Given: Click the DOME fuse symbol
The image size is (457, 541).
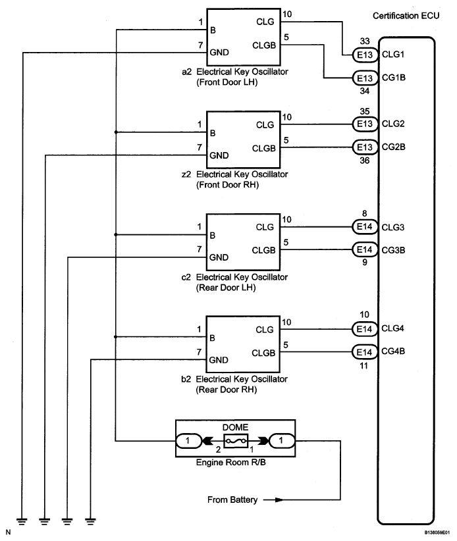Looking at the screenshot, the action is click(236, 441).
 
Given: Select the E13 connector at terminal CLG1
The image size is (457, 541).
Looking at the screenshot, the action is click(365, 55).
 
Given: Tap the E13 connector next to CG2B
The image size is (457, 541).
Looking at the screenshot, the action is click(365, 147).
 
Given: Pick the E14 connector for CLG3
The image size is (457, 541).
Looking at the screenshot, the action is click(365, 226).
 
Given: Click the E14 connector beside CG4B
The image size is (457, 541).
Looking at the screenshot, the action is click(364, 352).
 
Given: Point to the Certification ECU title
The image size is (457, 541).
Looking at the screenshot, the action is click(406, 16).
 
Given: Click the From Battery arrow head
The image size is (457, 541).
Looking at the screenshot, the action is click(279, 500).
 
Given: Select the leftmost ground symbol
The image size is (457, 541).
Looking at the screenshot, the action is click(22, 521).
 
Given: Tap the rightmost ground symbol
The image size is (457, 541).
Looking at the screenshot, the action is click(90, 521).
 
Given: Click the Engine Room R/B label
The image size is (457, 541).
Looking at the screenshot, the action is click(231, 462).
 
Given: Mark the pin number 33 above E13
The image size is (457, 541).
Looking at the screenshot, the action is click(365, 41).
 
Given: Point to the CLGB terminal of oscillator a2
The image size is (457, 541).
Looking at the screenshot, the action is click(264, 45).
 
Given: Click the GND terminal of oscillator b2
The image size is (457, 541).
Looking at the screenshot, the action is click(219, 360).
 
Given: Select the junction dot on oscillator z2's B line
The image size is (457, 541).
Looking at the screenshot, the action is click(116, 132).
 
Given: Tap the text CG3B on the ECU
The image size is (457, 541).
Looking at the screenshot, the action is click(393, 250).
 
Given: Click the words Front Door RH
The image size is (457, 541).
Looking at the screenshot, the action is click(227, 185).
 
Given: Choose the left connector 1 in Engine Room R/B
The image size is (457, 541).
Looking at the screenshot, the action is click(188, 441).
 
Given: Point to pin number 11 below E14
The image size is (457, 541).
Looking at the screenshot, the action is click(363, 366).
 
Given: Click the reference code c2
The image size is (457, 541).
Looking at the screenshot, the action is click(186, 277).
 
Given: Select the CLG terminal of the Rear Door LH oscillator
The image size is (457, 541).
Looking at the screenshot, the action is click(265, 227).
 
